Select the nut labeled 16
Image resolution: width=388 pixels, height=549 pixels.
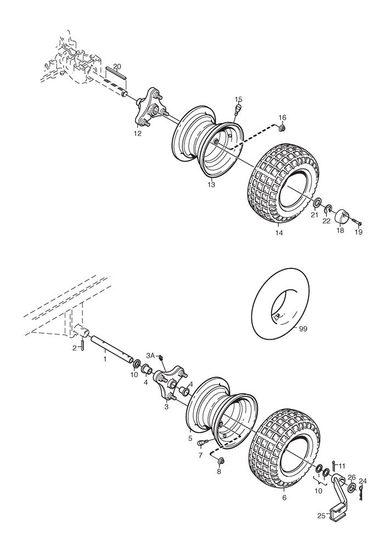[282, 128]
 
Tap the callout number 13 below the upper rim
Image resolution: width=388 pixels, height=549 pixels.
[212, 185]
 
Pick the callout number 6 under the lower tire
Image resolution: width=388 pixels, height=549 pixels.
[284, 498]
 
